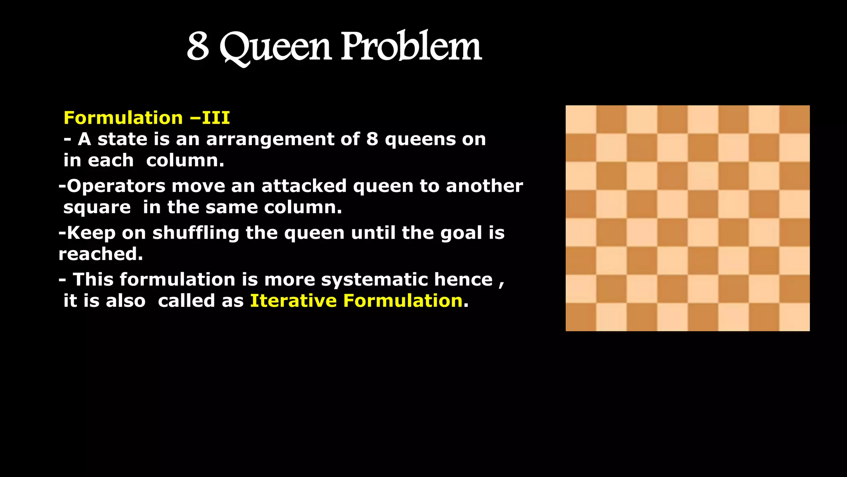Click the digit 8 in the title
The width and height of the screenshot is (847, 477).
[x=198, y=46]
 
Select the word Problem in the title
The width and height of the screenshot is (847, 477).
[x=411, y=46]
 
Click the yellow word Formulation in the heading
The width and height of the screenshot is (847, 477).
[x=123, y=118]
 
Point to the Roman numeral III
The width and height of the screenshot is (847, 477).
[x=215, y=118]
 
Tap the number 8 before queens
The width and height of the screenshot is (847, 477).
[x=372, y=139]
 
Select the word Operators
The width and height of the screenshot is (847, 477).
[x=116, y=186]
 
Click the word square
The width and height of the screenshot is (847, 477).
[x=97, y=207]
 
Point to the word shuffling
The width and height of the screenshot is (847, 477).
[x=196, y=233]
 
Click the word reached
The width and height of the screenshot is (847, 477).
[x=100, y=254]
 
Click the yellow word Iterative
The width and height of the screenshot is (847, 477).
[x=293, y=301]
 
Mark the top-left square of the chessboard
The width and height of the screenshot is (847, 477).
[x=581, y=119]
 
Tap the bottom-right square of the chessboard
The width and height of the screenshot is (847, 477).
[x=794, y=317]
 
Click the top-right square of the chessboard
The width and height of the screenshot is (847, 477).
[x=794, y=119]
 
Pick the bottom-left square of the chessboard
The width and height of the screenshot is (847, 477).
[x=581, y=317]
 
